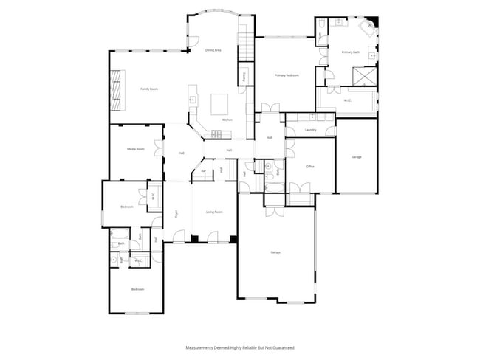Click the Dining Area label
coord(213,50)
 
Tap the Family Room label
coord(149,89)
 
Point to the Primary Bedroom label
coord(287,75)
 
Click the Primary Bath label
coord(350,52)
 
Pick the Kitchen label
coord(227,120)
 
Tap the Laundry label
coord(310,130)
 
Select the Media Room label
coord(135,149)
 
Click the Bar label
coord(204,171)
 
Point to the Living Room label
coord(214,212)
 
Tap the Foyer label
coord(176,213)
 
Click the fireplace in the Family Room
coord(117,88)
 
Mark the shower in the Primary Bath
coord(363,75)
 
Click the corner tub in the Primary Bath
coord(367,27)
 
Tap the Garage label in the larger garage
coord(275,252)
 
